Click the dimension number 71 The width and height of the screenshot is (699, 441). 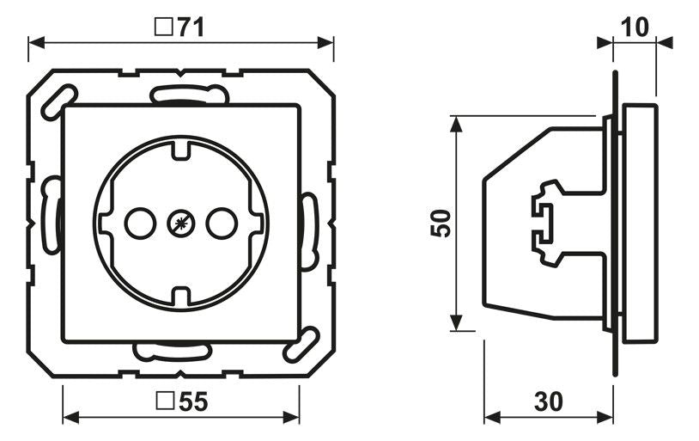191,28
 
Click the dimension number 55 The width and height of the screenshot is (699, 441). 193,401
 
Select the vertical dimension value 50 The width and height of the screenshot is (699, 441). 441,224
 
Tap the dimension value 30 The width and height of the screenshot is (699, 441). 549,401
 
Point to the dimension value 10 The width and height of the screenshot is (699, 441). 635,28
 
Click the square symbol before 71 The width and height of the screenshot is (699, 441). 164,28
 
